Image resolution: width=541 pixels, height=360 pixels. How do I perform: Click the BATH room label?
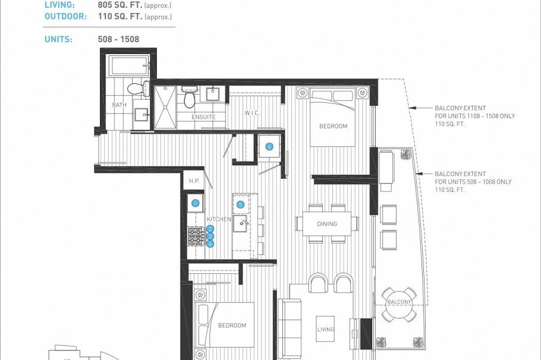coord(119,105)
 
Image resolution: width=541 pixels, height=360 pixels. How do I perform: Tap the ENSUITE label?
coord(203,117)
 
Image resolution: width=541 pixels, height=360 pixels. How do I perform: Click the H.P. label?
coord(194,181)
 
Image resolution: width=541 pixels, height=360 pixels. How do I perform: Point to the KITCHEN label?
coord(219,219)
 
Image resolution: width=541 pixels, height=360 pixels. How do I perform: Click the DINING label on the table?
coord(327,224)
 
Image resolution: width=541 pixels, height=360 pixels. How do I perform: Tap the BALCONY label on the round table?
coord(399,302)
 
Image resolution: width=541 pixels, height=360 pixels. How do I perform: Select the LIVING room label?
coord(325,329)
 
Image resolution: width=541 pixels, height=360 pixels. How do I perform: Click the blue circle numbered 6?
coord(269,147)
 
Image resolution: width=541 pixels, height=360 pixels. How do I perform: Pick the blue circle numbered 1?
coord(195,204)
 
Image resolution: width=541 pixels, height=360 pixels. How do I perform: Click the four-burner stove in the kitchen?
coord(197,236)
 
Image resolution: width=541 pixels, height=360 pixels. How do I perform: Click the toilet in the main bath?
coord(136,89)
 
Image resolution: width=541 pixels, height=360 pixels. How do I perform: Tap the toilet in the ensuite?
coord(190,98)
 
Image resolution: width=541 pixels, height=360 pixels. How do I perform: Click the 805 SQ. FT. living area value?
coord(119,5)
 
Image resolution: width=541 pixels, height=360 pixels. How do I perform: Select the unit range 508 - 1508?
coord(118,39)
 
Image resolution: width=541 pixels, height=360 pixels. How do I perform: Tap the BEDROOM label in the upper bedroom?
coord(333,127)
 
